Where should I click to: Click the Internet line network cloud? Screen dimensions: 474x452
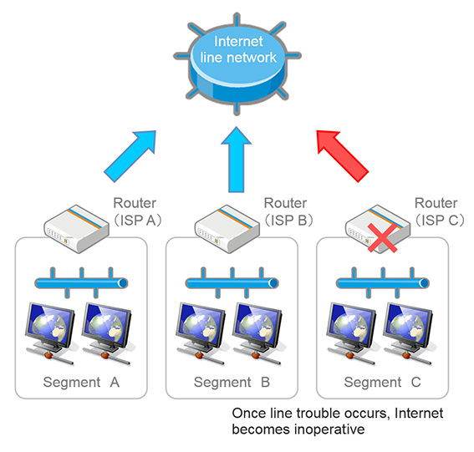pyautogui.click(x=237, y=64)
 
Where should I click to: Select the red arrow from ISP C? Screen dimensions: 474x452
pyautogui.click(x=343, y=156)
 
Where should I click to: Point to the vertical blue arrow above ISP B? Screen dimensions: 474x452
pyautogui.click(x=237, y=160)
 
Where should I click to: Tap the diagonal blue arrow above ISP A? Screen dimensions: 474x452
pyautogui.click(x=130, y=156)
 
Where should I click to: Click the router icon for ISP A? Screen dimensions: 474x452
pyautogui.click(x=76, y=229)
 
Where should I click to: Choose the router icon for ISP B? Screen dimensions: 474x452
pyautogui.click(x=227, y=229)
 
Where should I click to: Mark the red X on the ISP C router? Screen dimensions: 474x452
pyautogui.click(x=382, y=238)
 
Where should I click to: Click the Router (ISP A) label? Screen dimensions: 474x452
pyautogui.click(x=138, y=211)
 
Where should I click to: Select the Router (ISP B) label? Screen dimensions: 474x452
pyautogui.click(x=288, y=211)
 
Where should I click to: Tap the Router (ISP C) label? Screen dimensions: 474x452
pyautogui.click(x=439, y=211)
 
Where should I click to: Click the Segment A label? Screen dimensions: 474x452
pyautogui.click(x=81, y=382)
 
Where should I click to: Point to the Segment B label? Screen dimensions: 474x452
pyautogui.click(x=232, y=382)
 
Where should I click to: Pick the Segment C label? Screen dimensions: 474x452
pyautogui.click(x=382, y=382)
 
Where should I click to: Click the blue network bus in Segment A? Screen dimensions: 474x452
pyautogui.click(x=81, y=283)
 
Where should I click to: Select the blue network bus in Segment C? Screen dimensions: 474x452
pyautogui.click(x=383, y=283)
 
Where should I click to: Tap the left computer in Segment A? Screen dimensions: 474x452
pyautogui.click(x=50, y=333)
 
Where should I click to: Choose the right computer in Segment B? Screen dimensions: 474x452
pyautogui.click(x=257, y=333)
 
